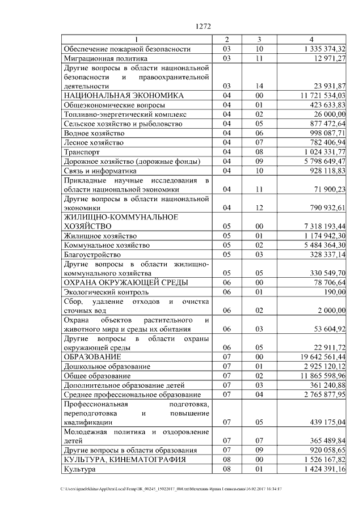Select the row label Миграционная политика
[106, 58]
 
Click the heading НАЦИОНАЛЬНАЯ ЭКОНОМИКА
[124, 95]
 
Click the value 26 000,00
[328, 114]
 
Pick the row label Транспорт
[82, 151]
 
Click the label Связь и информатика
[100, 170]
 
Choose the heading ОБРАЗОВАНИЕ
[92, 357]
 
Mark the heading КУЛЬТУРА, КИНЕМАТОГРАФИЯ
[124, 459]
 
